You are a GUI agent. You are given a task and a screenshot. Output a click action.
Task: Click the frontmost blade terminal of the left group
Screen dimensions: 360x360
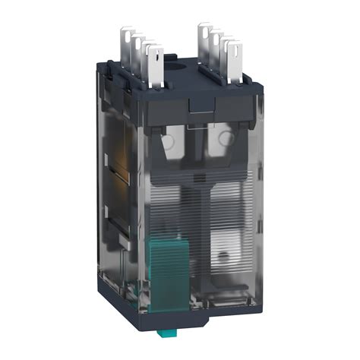pyautogui.click(x=156, y=65)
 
